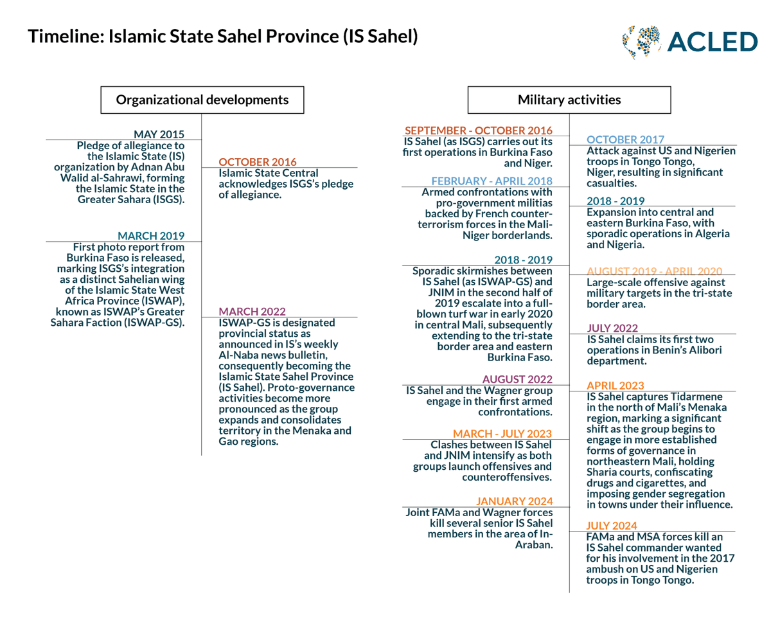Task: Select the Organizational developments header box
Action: pyautogui.click(x=202, y=100)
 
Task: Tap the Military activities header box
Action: pyautogui.click(x=569, y=100)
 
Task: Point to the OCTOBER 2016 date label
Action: pyautogui.click(x=258, y=161)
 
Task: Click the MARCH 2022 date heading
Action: pyautogui.click(x=253, y=311)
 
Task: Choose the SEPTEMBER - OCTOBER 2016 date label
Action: pyautogui.click(x=478, y=130)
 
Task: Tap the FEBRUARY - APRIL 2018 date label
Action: pyautogui.click(x=492, y=181)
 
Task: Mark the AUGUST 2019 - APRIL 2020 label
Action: pyautogui.click(x=655, y=271)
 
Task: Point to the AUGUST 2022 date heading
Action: pyautogui.click(x=517, y=379)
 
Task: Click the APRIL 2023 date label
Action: pyautogui.click(x=615, y=386)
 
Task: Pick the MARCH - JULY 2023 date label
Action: pyautogui.click(x=502, y=433)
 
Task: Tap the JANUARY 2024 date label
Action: pyautogui.click(x=514, y=501)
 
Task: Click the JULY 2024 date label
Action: pyautogui.click(x=612, y=525)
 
